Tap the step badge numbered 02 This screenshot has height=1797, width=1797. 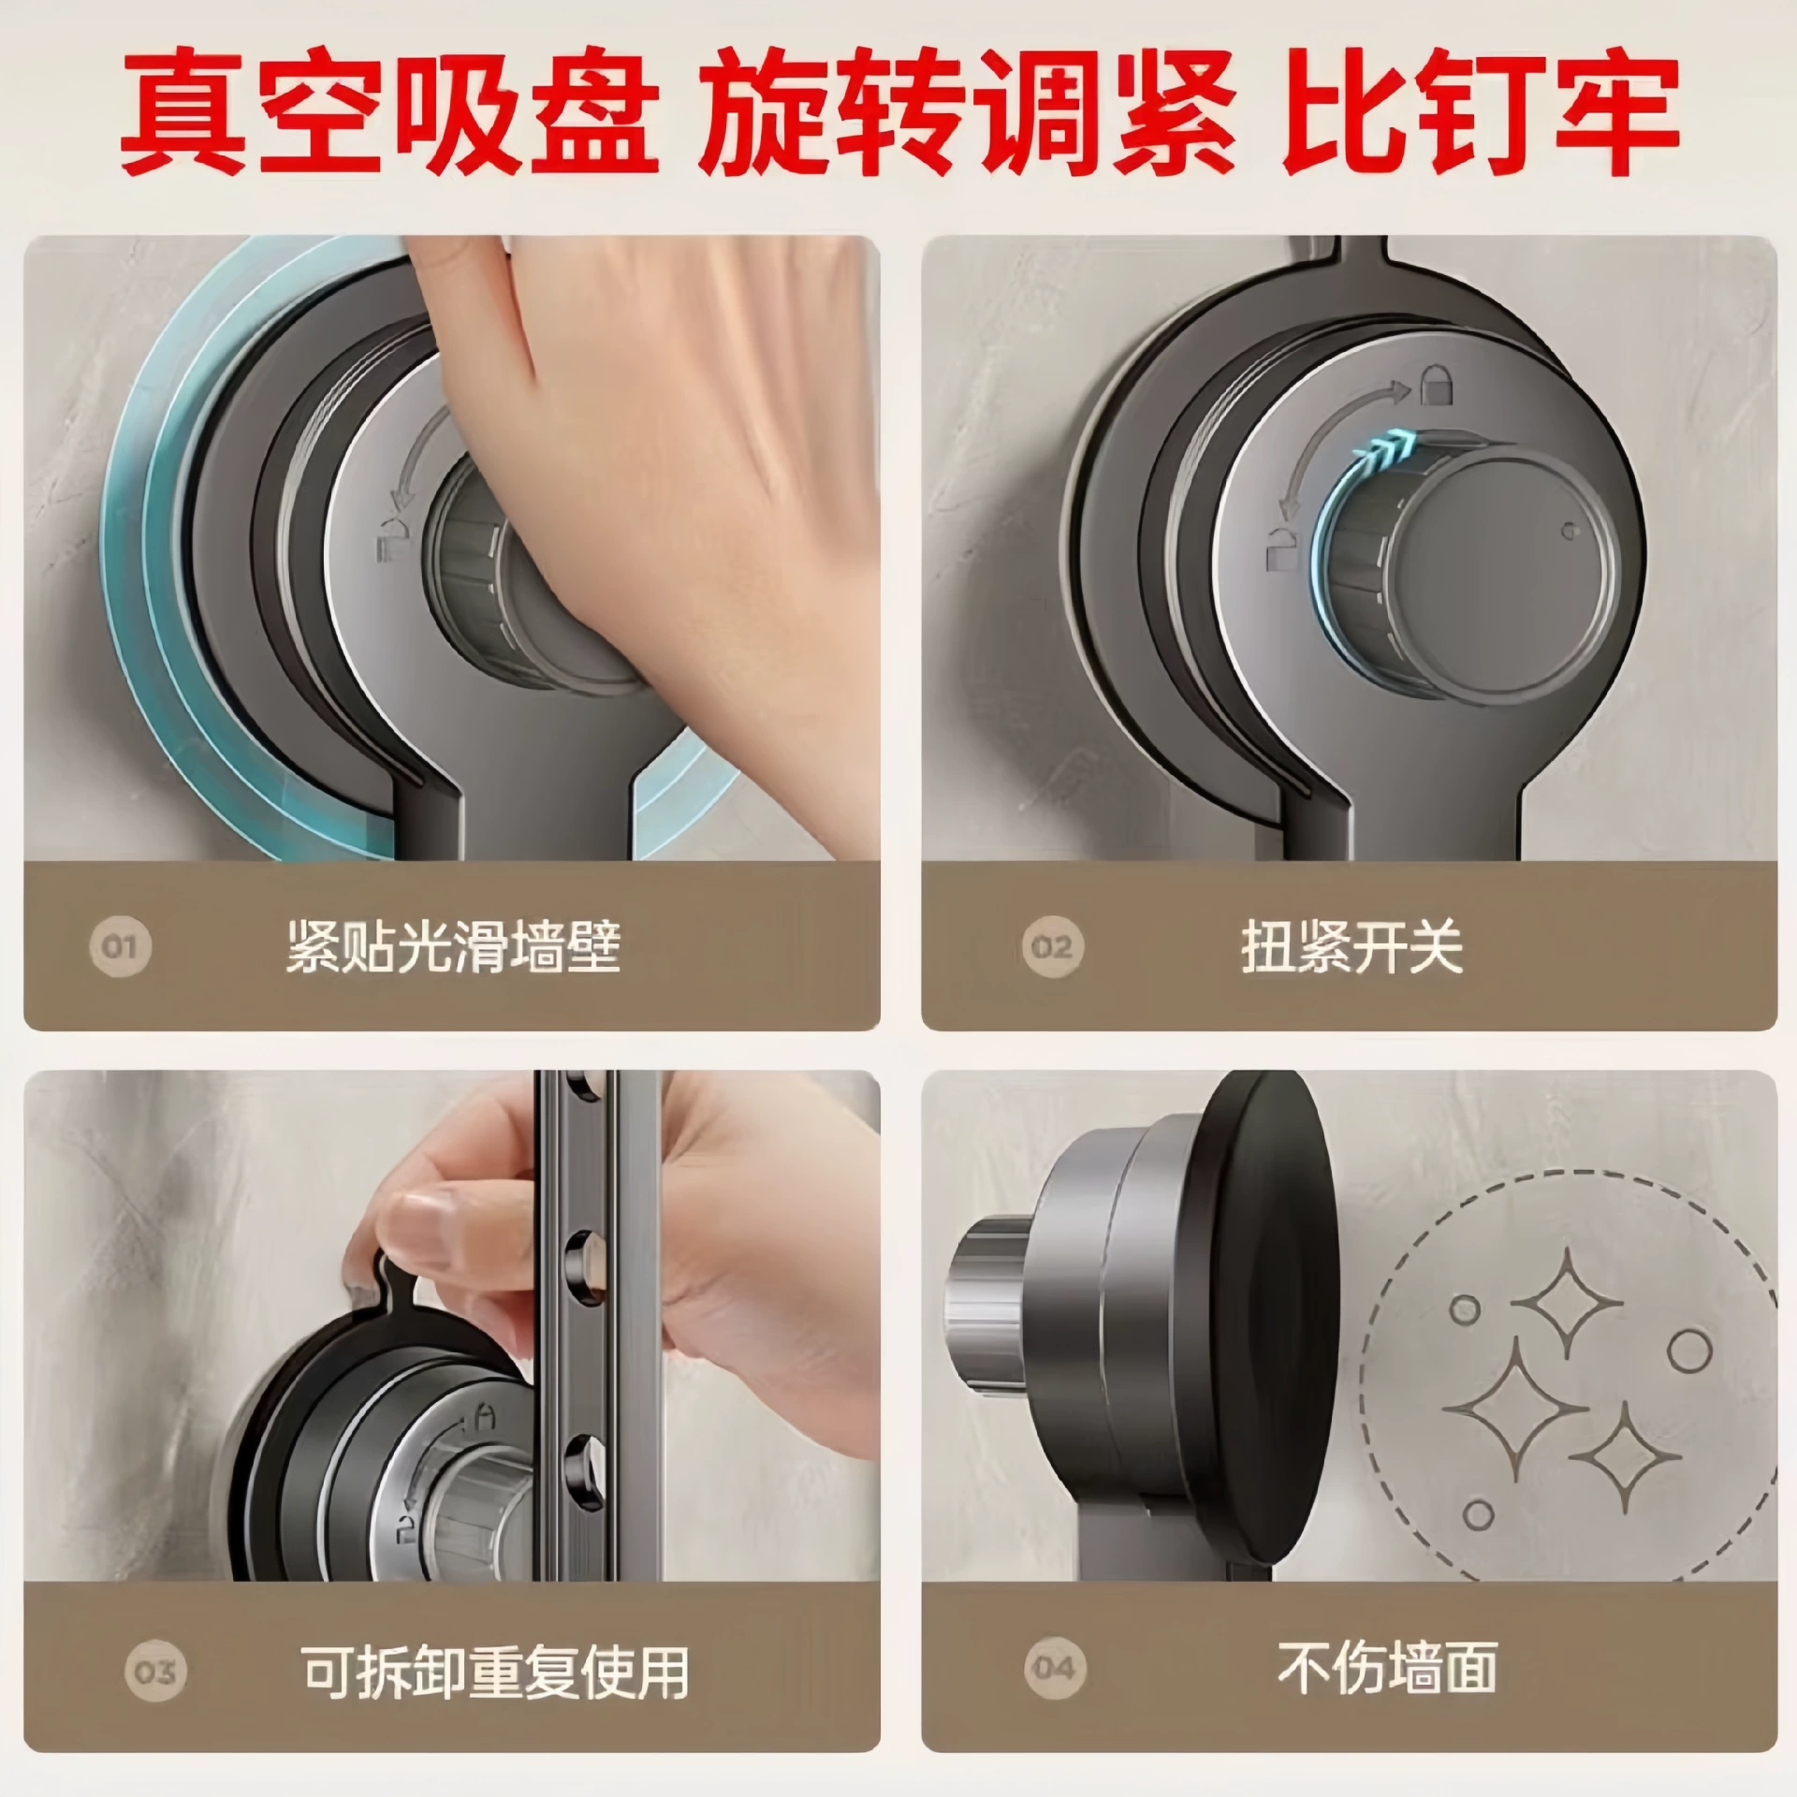click(x=1051, y=946)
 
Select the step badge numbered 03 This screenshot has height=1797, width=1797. click(x=155, y=1671)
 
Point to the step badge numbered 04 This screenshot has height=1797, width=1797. click(x=1054, y=1667)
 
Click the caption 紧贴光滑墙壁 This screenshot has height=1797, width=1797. click(x=454, y=946)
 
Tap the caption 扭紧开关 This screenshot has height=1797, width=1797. click(x=1352, y=946)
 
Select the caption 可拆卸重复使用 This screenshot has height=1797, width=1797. click(x=495, y=1672)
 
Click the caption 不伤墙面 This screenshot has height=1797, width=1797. click(x=1388, y=1667)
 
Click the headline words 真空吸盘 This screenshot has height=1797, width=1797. click(x=390, y=114)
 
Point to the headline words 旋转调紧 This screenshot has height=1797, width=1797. click(x=969, y=114)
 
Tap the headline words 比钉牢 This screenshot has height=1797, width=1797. click(x=1480, y=114)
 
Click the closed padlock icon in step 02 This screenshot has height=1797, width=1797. click(x=1435, y=386)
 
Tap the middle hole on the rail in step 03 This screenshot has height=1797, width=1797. click(x=583, y=1265)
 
